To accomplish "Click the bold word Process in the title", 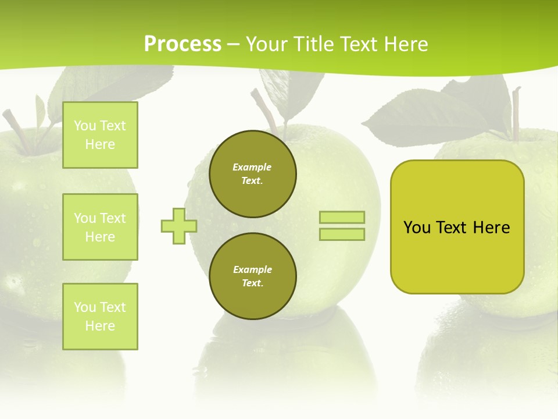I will pyautogui.click(x=183, y=44).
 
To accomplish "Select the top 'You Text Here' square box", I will pyautogui.click(x=100, y=135).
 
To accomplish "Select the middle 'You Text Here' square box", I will pyautogui.click(x=100, y=227).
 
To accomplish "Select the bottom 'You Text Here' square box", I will pyautogui.click(x=100, y=316).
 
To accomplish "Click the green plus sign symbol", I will pyautogui.click(x=179, y=226).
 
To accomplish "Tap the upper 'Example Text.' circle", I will pyautogui.click(x=252, y=174).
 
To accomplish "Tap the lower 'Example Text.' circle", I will pyautogui.click(x=252, y=276).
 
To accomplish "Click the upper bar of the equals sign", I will pyautogui.click(x=342, y=218).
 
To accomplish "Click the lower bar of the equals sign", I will pyautogui.click(x=342, y=234).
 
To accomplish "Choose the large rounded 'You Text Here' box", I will pyautogui.click(x=457, y=227).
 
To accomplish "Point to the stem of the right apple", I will pyautogui.click(x=515, y=113).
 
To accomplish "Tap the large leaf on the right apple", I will pyautogui.click(x=430, y=116).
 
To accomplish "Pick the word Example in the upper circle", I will pyautogui.click(x=252, y=167).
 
